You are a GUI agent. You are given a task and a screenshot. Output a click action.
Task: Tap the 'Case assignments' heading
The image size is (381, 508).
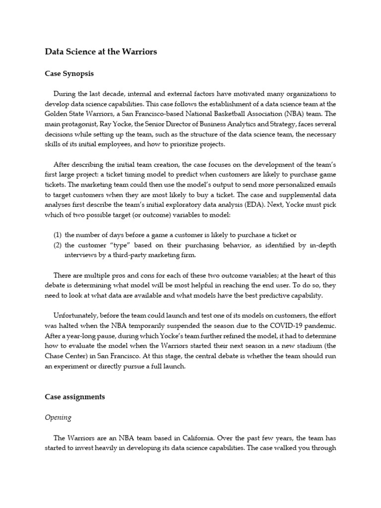[x=74, y=397]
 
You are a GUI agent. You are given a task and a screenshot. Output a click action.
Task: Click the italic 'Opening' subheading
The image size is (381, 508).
[x=58, y=417]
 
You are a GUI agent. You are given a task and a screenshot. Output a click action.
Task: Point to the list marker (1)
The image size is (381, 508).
[x=58, y=235]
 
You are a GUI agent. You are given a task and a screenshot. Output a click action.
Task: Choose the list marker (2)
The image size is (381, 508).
[x=58, y=245]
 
